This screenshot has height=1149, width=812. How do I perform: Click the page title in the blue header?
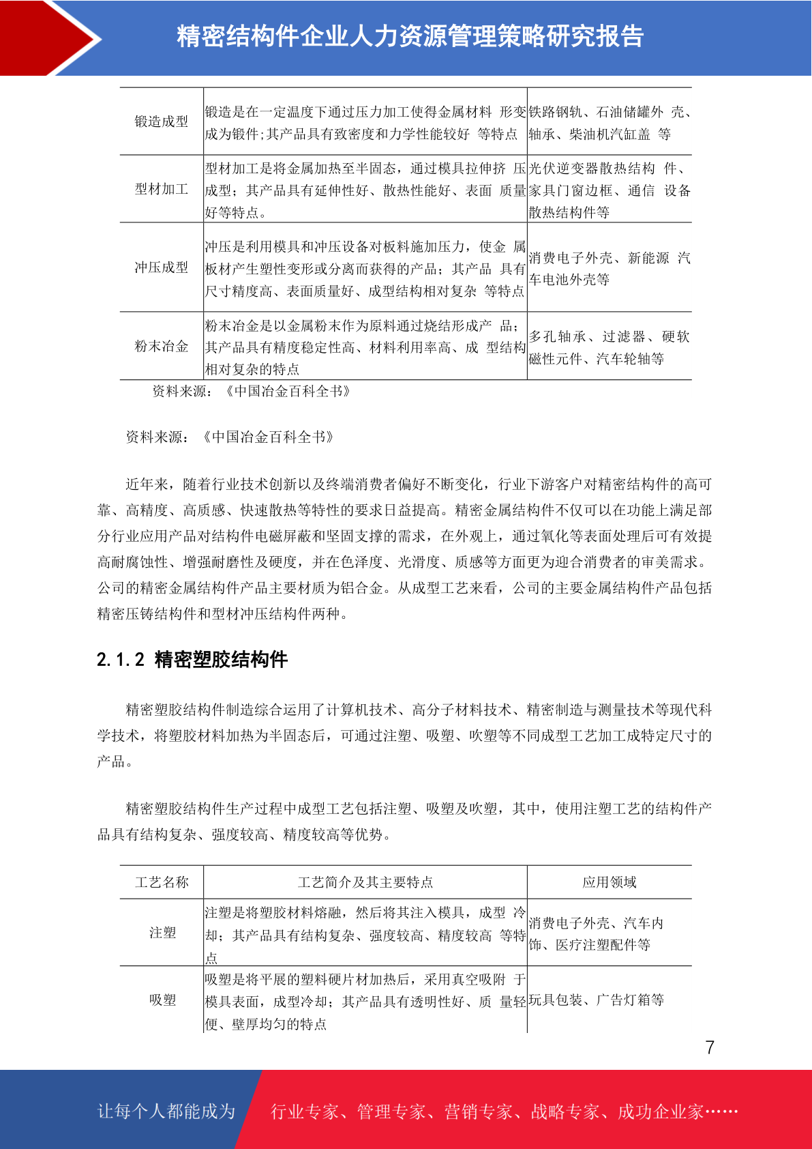410,37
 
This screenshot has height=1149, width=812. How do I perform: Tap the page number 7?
710,1047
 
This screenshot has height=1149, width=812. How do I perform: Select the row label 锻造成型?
162,121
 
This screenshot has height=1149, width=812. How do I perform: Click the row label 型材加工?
162,189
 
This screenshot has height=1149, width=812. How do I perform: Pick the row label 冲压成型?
162,267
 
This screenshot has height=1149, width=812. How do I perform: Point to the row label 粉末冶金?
162,346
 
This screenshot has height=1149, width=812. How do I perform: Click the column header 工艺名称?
162,882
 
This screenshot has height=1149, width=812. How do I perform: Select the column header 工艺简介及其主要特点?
365,882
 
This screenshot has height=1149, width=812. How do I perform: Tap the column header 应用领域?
609,882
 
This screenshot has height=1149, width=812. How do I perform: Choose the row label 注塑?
162,933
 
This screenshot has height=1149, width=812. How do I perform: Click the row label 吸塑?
162,1000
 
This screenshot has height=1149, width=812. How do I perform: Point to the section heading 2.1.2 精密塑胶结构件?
192,660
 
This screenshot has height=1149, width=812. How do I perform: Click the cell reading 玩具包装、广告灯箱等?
596,1000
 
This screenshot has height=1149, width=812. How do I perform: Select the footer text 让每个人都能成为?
166,1111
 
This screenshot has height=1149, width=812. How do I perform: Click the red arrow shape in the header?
48,38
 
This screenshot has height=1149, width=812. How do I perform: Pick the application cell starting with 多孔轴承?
609,347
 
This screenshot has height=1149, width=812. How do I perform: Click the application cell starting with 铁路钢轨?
609,123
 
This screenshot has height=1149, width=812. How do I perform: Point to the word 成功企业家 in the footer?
660,1111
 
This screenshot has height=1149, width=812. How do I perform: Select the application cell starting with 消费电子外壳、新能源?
609,268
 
